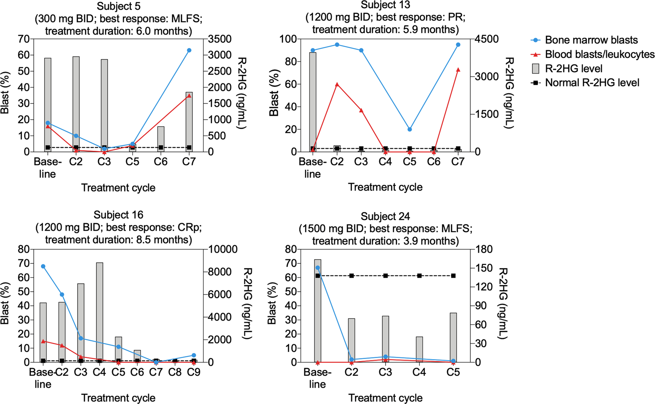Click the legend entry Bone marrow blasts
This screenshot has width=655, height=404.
coord(591,40)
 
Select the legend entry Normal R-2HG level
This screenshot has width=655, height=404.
coord(592,83)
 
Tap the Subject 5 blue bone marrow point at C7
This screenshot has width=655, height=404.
coord(189,50)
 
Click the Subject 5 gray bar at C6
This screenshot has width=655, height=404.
coord(161,139)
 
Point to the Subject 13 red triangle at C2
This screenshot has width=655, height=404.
coord(337,84)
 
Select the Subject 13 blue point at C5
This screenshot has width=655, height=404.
coord(409,129)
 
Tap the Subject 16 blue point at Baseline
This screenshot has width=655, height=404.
coord(43,266)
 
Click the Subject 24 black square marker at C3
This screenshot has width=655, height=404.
coord(385,276)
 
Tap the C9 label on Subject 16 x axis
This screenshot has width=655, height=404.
coord(193,372)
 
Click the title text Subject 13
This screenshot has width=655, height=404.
coord(385,5)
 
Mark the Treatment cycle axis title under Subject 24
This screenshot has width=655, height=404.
coord(385,398)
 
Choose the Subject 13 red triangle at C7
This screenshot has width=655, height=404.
coord(458,70)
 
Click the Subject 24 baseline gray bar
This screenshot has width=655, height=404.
coord(317,311)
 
